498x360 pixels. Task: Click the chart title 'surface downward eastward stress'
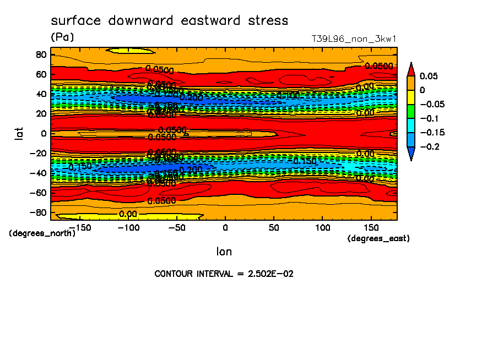[169, 21]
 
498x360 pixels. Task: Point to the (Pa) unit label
[62, 37]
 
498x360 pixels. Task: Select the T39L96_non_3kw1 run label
[354, 39]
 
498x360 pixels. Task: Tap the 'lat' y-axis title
[19, 132]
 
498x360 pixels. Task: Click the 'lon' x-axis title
[224, 252]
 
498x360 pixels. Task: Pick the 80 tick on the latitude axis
[40, 54]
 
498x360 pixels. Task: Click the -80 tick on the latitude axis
[37, 212]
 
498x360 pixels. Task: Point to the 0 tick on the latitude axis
[42, 133]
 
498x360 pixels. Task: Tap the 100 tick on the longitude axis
[322, 227]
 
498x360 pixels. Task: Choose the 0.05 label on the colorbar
[429, 76]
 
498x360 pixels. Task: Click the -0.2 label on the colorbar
[430, 146]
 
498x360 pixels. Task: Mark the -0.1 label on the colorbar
[430, 118]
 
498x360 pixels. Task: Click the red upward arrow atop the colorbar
[411, 69]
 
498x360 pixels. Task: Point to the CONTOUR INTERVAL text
[224, 274]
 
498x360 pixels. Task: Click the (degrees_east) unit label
[379, 238]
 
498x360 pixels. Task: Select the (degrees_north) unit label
[42, 233]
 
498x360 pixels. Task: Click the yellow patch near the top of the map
[131, 51]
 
